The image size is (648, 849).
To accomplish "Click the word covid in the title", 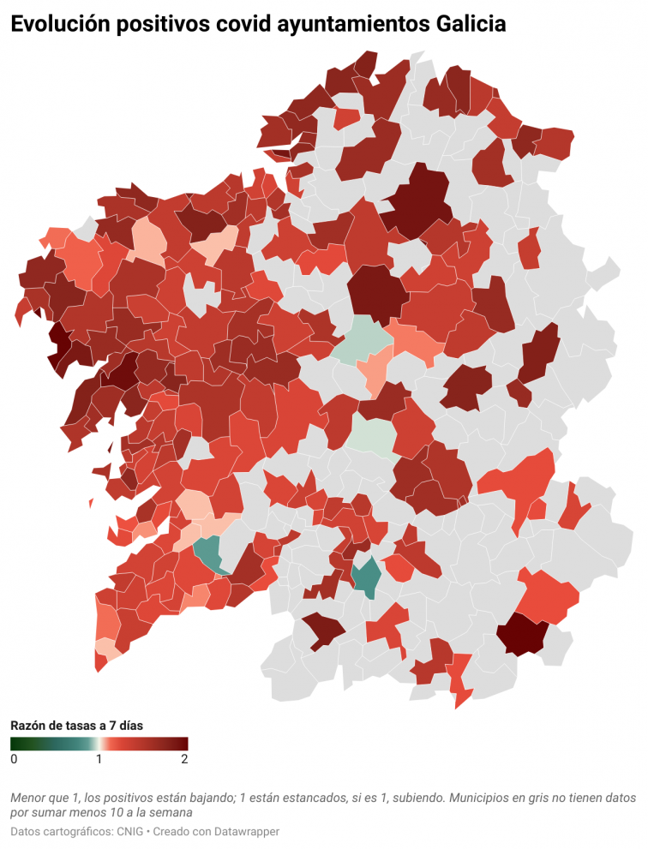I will pyautogui.click(x=237, y=26).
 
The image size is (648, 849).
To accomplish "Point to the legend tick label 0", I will pyautogui.click(x=14, y=759).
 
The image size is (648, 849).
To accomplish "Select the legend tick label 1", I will pyautogui.click(x=99, y=759).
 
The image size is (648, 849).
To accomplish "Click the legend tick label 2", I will pyautogui.click(x=184, y=759).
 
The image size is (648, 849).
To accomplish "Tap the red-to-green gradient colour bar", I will pyautogui.click(x=99, y=744).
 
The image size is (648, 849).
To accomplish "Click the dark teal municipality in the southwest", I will pyautogui.click(x=208, y=552).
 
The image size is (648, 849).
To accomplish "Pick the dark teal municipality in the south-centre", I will pyautogui.click(x=368, y=576).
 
